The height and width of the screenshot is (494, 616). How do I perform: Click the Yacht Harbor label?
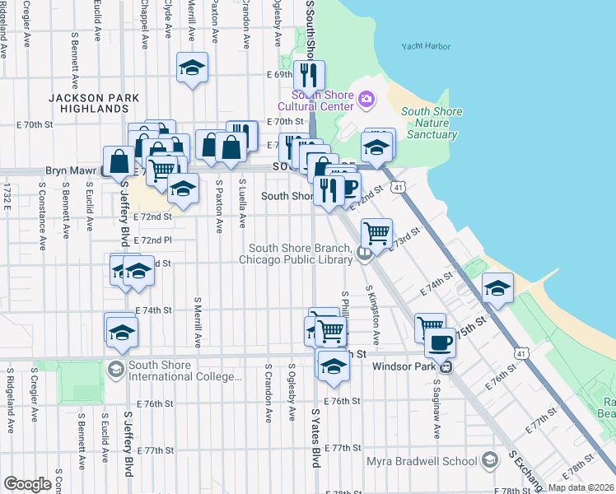click(426, 46)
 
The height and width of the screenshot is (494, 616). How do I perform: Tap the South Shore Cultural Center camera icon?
click(366, 100)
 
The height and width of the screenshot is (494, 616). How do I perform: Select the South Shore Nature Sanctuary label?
click(432, 123)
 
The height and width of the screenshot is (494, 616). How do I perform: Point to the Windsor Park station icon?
click(446, 366)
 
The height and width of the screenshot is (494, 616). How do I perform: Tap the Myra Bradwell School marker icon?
click(492, 459)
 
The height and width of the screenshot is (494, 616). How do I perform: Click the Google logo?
click(27, 484)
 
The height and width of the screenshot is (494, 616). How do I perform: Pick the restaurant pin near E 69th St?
click(310, 76)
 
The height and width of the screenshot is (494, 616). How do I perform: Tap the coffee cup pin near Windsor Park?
click(439, 342)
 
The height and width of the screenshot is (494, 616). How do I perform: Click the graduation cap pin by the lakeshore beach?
click(497, 289)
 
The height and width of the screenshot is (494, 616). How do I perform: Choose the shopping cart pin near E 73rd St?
click(376, 233)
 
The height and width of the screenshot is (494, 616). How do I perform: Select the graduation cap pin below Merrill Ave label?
click(192, 68)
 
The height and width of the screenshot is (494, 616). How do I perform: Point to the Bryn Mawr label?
click(71, 171)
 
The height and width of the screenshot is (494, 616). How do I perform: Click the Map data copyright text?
click(581, 487)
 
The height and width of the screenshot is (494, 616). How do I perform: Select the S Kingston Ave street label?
click(376, 317)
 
